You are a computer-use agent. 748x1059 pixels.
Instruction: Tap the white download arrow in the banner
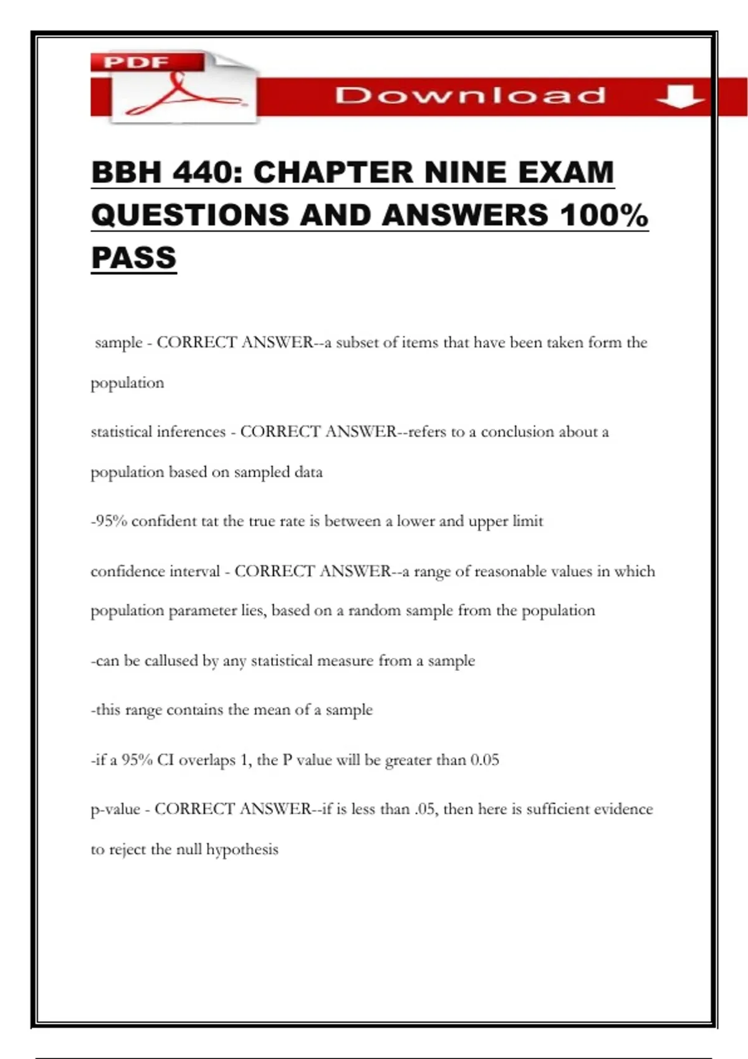[680, 97]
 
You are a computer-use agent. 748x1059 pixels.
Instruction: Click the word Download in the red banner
[471, 95]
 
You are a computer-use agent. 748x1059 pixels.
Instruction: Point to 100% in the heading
[603, 216]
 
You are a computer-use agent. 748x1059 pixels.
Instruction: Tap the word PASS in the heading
[134, 258]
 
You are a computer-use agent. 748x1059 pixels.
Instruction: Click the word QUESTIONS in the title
[190, 216]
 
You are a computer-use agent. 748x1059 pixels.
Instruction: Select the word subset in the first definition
[357, 343]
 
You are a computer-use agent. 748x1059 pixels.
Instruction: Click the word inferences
[191, 432]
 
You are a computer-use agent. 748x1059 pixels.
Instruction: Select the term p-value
[115, 809]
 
